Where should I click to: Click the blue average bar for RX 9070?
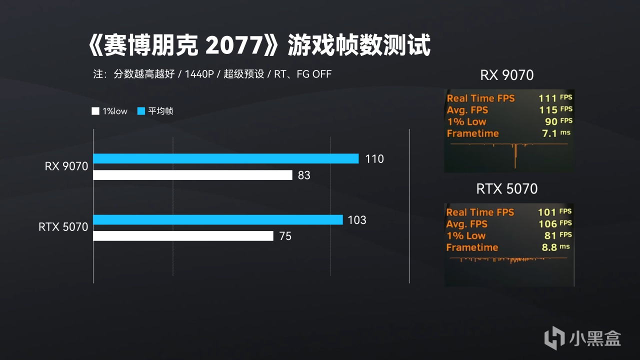click(x=226, y=158)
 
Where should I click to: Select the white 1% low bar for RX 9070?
click(x=192, y=175)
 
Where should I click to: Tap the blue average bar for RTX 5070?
click(x=218, y=219)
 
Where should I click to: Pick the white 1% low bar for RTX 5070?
click(x=183, y=236)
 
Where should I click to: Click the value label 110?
click(x=374, y=159)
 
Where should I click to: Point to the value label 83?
click(x=304, y=175)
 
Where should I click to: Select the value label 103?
click(x=357, y=220)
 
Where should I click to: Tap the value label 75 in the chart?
click(x=285, y=236)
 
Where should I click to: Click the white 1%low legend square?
click(x=95, y=111)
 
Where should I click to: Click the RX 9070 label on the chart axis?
click(x=66, y=166)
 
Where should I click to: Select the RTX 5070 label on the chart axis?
click(x=63, y=227)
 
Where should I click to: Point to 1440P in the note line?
click(x=199, y=74)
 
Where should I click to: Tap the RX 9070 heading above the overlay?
click(x=506, y=75)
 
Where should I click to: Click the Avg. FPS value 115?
click(x=547, y=110)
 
